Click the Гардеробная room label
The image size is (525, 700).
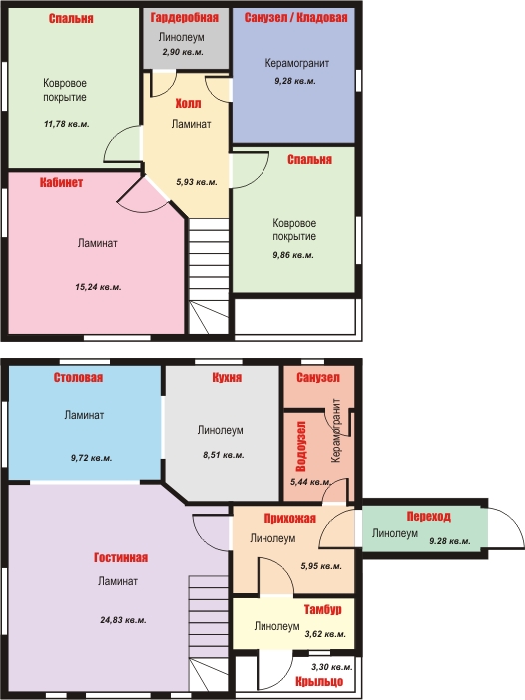click(185, 17)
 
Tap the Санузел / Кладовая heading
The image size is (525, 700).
click(295, 17)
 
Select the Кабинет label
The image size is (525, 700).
click(61, 182)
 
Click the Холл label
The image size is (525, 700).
click(188, 104)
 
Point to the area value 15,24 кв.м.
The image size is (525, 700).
click(98, 287)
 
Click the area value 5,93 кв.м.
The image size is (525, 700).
click(197, 182)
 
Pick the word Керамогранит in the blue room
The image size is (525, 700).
click(297, 63)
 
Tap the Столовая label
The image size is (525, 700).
click(78, 378)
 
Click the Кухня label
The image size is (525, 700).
click(227, 378)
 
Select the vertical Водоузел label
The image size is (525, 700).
click(301, 447)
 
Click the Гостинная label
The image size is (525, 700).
click(121, 557)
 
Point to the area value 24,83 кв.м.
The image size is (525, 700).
click(123, 620)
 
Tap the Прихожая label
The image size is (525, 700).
click(289, 518)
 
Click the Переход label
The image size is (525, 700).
click(428, 517)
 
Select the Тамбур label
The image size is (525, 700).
click(323, 609)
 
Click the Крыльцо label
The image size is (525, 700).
click(319, 682)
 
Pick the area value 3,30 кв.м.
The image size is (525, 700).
click(331, 667)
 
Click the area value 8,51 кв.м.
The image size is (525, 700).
click(223, 455)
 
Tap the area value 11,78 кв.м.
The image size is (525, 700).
click(67, 124)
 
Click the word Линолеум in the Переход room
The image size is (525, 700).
click(395, 533)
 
